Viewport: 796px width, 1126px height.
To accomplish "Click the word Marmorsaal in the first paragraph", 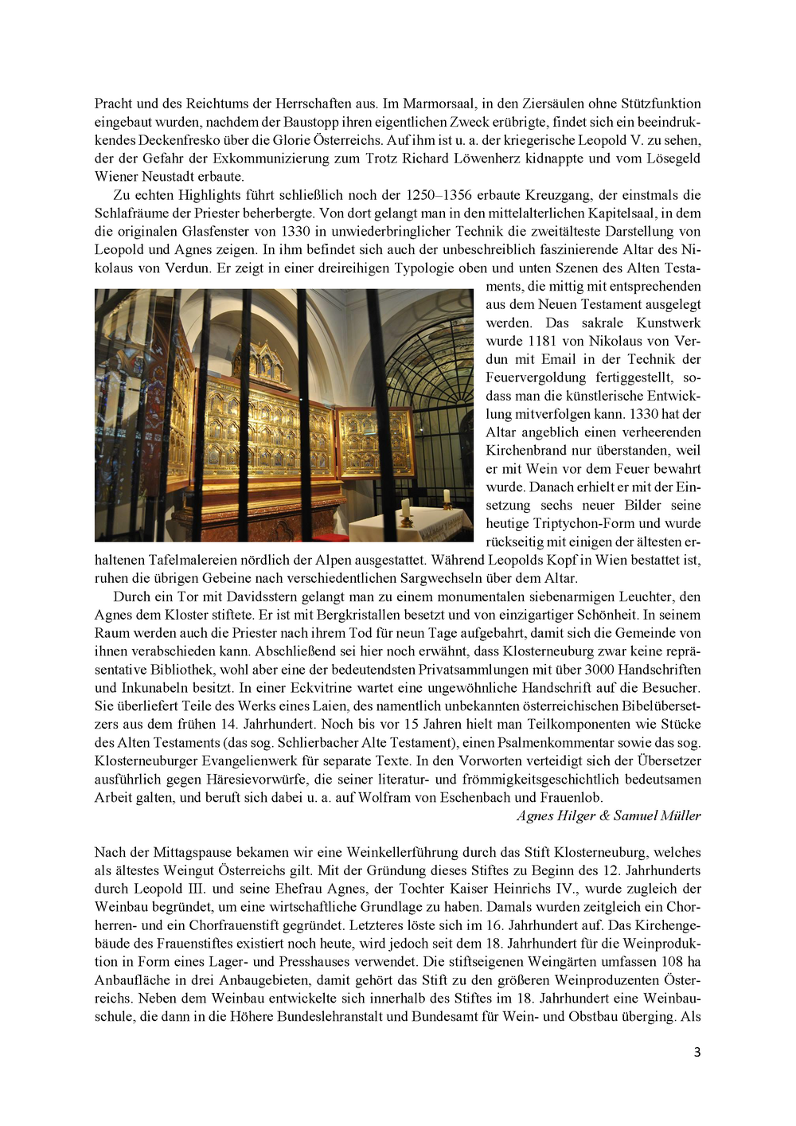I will pyautogui.click(x=439, y=104).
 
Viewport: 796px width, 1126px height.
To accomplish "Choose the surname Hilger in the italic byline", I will pyautogui.click(x=576, y=816).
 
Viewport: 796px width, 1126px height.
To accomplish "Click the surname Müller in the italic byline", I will pyautogui.click(x=679, y=816).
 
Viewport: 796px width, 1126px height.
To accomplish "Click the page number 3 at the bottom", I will pyautogui.click(x=697, y=1053).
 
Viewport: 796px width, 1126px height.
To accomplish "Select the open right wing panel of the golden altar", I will pyautogui.click(x=375, y=442).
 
